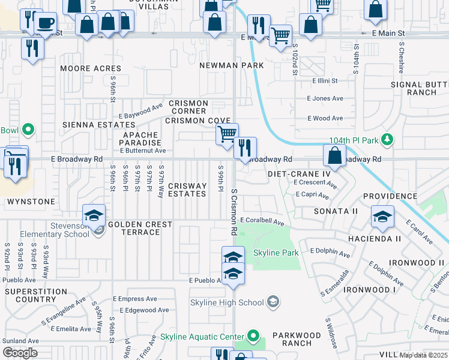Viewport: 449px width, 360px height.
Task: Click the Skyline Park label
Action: (276, 253)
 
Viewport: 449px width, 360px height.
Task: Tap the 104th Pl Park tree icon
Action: (388, 140)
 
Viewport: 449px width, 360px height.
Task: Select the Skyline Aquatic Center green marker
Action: (253, 337)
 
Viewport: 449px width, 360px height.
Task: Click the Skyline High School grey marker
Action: (273, 302)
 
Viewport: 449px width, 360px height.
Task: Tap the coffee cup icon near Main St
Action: (46, 23)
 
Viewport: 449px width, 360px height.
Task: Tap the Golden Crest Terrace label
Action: (140, 228)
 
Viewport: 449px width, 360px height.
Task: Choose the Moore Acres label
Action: (91, 68)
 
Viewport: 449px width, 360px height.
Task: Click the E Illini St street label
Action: (325, 80)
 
